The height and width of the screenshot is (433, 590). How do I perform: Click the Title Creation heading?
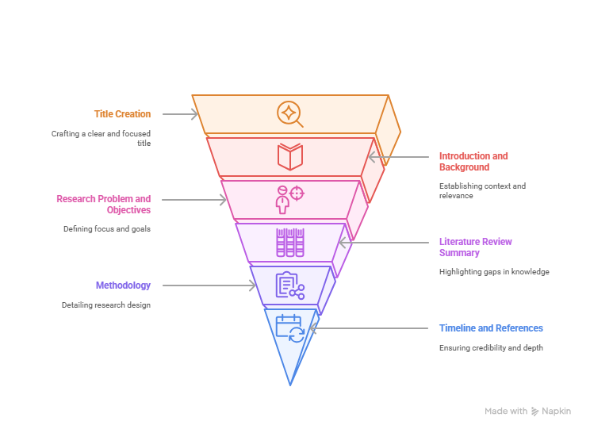coord(122,114)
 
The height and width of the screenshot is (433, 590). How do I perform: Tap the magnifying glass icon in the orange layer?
coord(290,114)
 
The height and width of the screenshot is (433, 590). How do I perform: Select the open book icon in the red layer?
coord(290,156)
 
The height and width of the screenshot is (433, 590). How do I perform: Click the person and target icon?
coord(289,200)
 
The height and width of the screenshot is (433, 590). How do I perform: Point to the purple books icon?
coord(290,243)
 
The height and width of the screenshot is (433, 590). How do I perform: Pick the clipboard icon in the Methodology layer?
coord(290,285)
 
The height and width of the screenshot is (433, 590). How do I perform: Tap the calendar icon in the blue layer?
coord(290,328)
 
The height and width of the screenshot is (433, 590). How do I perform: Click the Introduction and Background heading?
coord(473,162)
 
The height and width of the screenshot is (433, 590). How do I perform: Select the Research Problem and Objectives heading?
coord(103,205)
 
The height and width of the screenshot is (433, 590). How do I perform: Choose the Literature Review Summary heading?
coord(476,247)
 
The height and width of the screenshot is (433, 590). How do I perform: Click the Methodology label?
coord(123,285)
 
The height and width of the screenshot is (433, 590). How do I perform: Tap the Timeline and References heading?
coord(491,328)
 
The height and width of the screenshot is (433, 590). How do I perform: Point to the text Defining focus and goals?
coord(107,228)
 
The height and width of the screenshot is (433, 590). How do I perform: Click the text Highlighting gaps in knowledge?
coord(494,271)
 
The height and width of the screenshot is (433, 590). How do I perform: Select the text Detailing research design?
coord(106,305)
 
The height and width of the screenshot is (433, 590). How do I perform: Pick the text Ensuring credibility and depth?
coord(491,347)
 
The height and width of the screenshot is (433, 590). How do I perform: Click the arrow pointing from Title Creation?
coord(180,114)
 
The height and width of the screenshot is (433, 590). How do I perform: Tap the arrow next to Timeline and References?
coord(369,328)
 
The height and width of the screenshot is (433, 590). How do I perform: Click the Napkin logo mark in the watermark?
coord(534,411)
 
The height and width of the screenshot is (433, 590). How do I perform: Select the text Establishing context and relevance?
coord(482,191)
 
